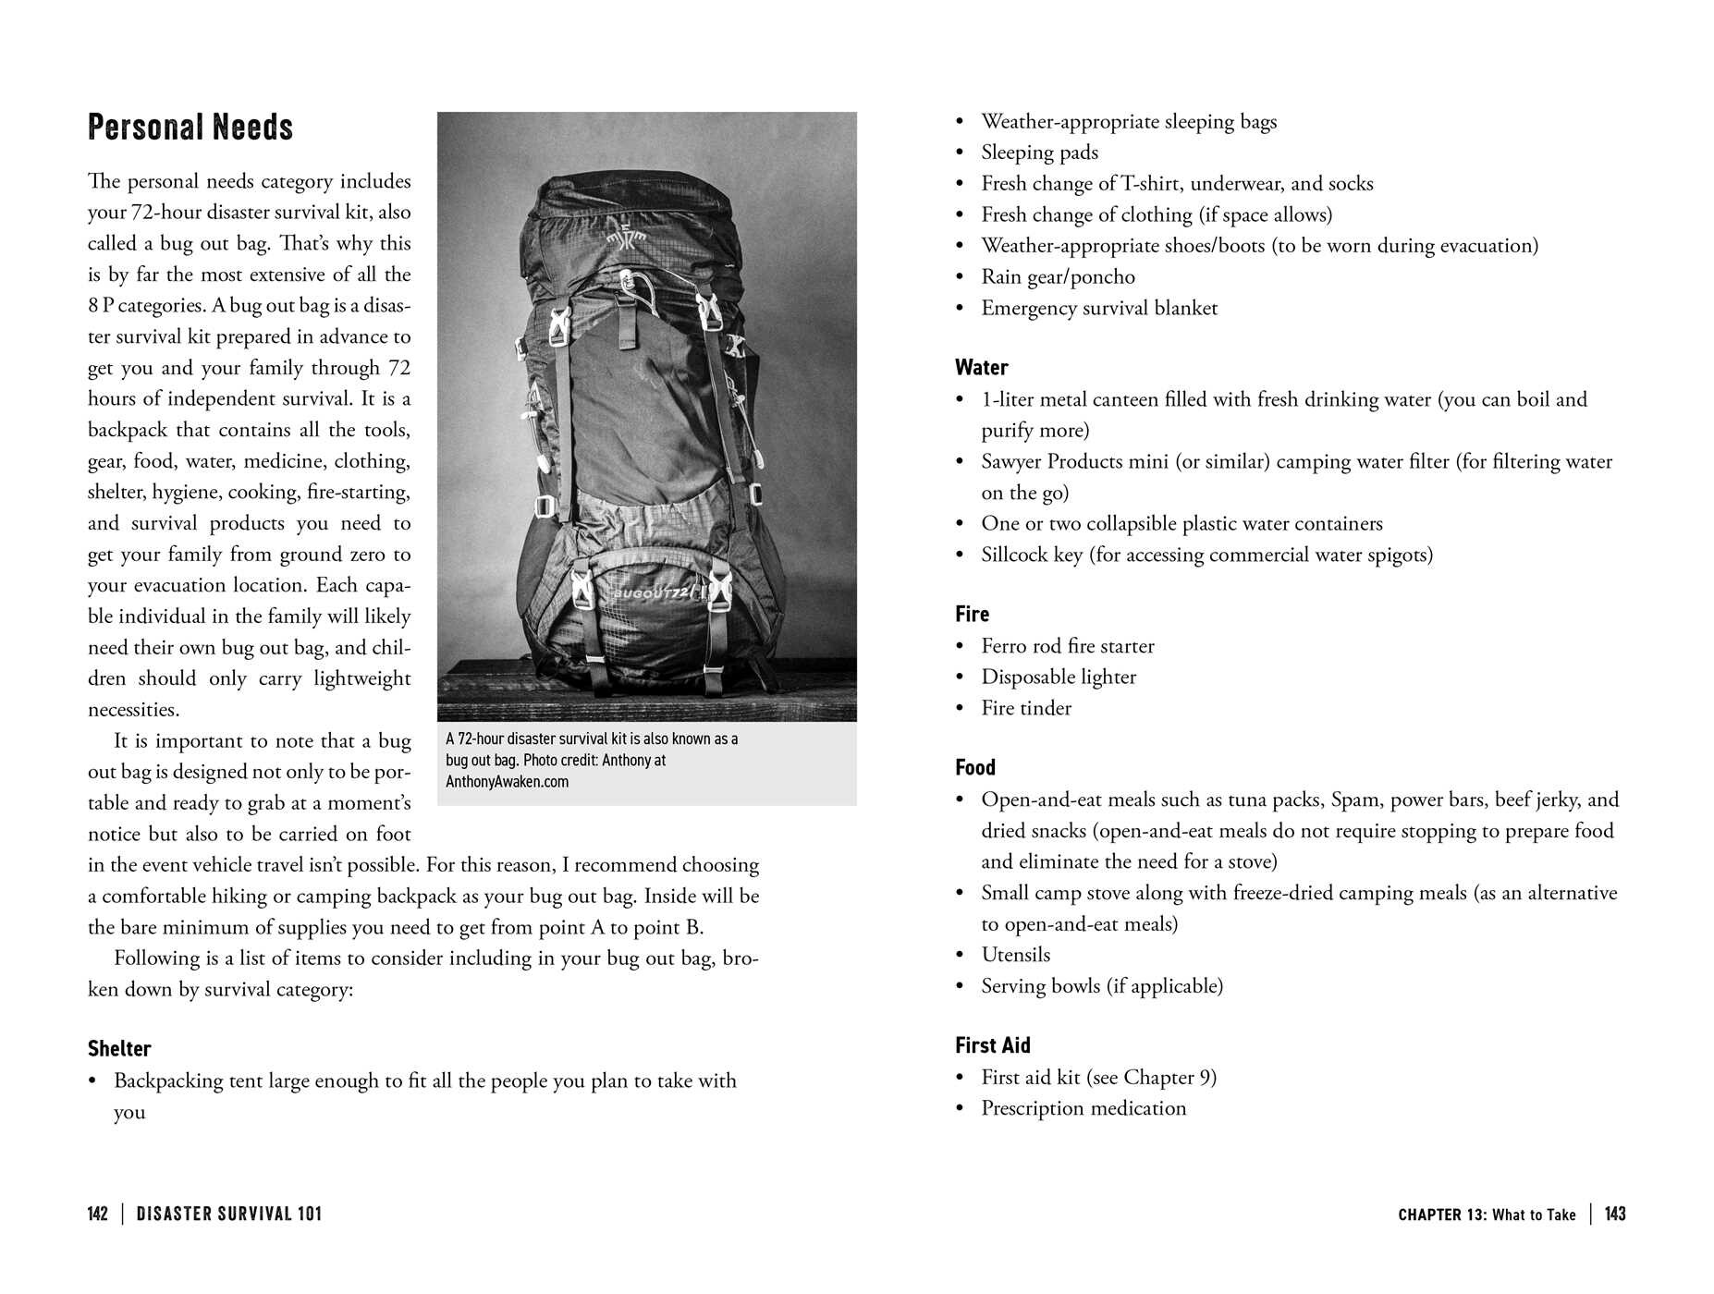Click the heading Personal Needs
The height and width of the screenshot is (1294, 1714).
tap(190, 128)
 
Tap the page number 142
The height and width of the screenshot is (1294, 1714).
tap(97, 1214)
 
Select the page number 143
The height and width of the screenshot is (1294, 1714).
tap(1614, 1214)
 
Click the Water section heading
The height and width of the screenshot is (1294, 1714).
tap(981, 368)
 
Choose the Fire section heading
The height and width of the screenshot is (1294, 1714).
tap(972, 615)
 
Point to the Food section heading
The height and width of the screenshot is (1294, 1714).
tap(974, 768)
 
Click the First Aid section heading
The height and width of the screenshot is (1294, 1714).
tap(992, 1045)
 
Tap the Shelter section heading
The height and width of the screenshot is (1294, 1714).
tap(119, 1049)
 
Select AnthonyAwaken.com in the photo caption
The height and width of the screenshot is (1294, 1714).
tap(507, 782)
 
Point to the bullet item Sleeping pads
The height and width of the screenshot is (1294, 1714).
tap(1039, 153)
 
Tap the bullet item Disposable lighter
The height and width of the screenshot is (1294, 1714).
tap(1058, 678)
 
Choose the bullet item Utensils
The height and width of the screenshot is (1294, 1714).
tap(1015, 955)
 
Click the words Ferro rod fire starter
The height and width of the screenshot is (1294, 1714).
tap(1067, 646)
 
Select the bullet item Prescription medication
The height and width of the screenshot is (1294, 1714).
tap(1083, 1108)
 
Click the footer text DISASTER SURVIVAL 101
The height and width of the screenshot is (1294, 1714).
tap(229, 1214)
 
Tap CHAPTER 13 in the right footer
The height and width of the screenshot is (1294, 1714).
tap(1441, 1215)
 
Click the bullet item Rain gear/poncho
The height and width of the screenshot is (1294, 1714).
tap(1057, 277)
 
